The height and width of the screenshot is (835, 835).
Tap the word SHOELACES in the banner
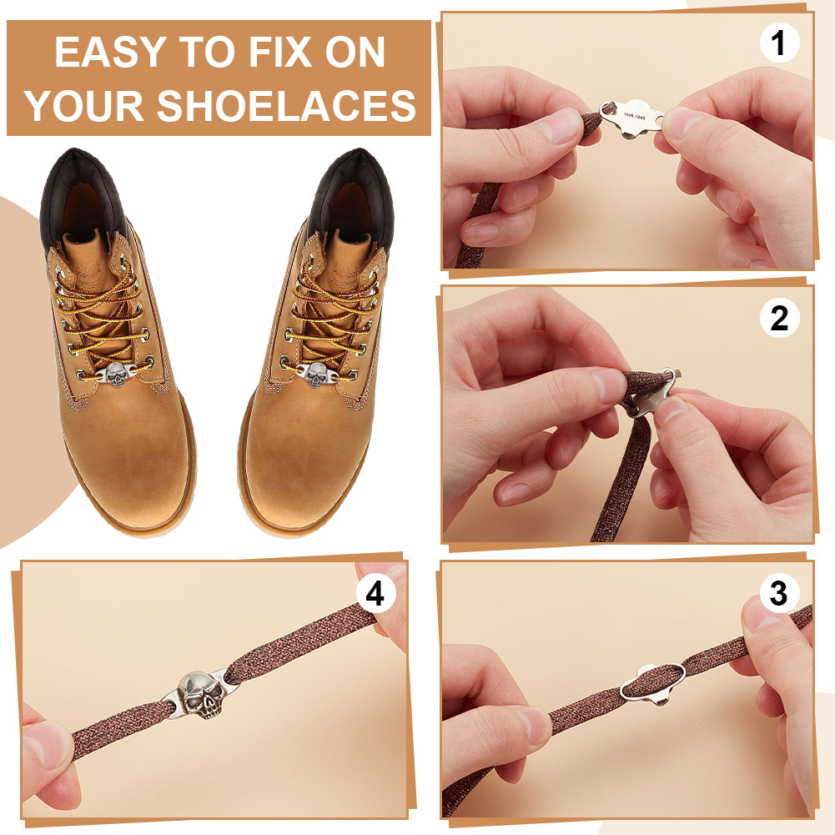[286, 105]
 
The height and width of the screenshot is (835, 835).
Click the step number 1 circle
[779, 43]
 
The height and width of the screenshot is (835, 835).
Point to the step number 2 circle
[779, 318]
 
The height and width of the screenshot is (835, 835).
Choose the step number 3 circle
[778, 593]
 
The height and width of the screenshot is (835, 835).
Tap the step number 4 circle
[375, 593]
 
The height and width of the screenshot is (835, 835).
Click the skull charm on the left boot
[117, 375]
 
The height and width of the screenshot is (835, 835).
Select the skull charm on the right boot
[316, 375]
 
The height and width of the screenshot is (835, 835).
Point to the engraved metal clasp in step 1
[632, 118]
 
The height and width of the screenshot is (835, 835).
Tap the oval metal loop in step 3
[653, 682]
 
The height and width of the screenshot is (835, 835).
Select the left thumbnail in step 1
[558, 126]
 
